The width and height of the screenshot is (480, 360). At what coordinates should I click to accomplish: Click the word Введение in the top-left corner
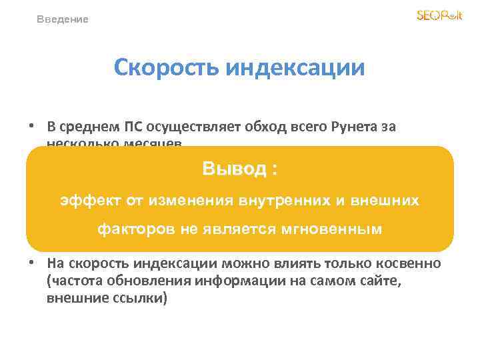click(62, 19)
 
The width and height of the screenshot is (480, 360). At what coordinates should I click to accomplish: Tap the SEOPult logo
click(439, 15)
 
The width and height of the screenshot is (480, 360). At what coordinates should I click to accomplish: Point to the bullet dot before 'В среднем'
click(31, 125)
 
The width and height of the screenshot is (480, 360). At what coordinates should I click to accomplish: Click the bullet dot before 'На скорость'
click(31, 263)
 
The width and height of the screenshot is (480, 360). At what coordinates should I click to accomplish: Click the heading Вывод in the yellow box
click(235, 169)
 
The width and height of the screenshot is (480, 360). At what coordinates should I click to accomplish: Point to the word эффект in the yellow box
click(84, 199)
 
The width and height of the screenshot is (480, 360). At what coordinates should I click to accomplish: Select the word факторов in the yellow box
click(133, 229)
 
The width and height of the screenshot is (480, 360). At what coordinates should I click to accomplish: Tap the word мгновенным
click(338, 229)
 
